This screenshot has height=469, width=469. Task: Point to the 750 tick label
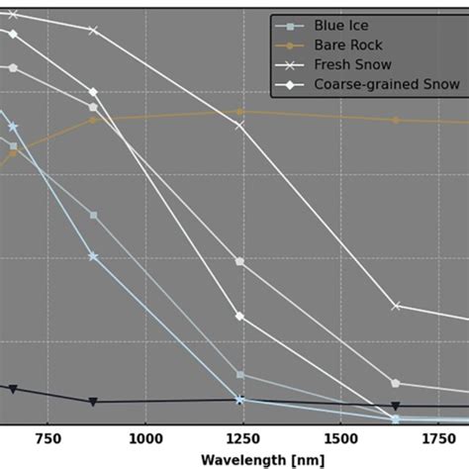coord(47,438)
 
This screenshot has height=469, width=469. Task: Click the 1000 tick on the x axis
coord(145,438)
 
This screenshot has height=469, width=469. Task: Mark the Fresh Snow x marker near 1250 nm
coord(239,126)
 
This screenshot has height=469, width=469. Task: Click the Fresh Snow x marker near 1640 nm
coord(396,306)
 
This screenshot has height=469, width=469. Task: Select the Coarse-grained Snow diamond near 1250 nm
coord(239,316)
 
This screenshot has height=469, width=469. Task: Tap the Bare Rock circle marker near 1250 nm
coord(239,112)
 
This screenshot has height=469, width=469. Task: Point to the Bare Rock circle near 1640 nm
coord(396,120)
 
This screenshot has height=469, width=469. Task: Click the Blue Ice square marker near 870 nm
coord(93,215)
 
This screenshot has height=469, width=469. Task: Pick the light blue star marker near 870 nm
coord(93,256)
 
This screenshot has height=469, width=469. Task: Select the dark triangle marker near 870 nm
coord(93,402)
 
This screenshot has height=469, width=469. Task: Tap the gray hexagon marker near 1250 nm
coord(239,261)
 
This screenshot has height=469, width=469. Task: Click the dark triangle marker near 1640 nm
coord(396,406)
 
